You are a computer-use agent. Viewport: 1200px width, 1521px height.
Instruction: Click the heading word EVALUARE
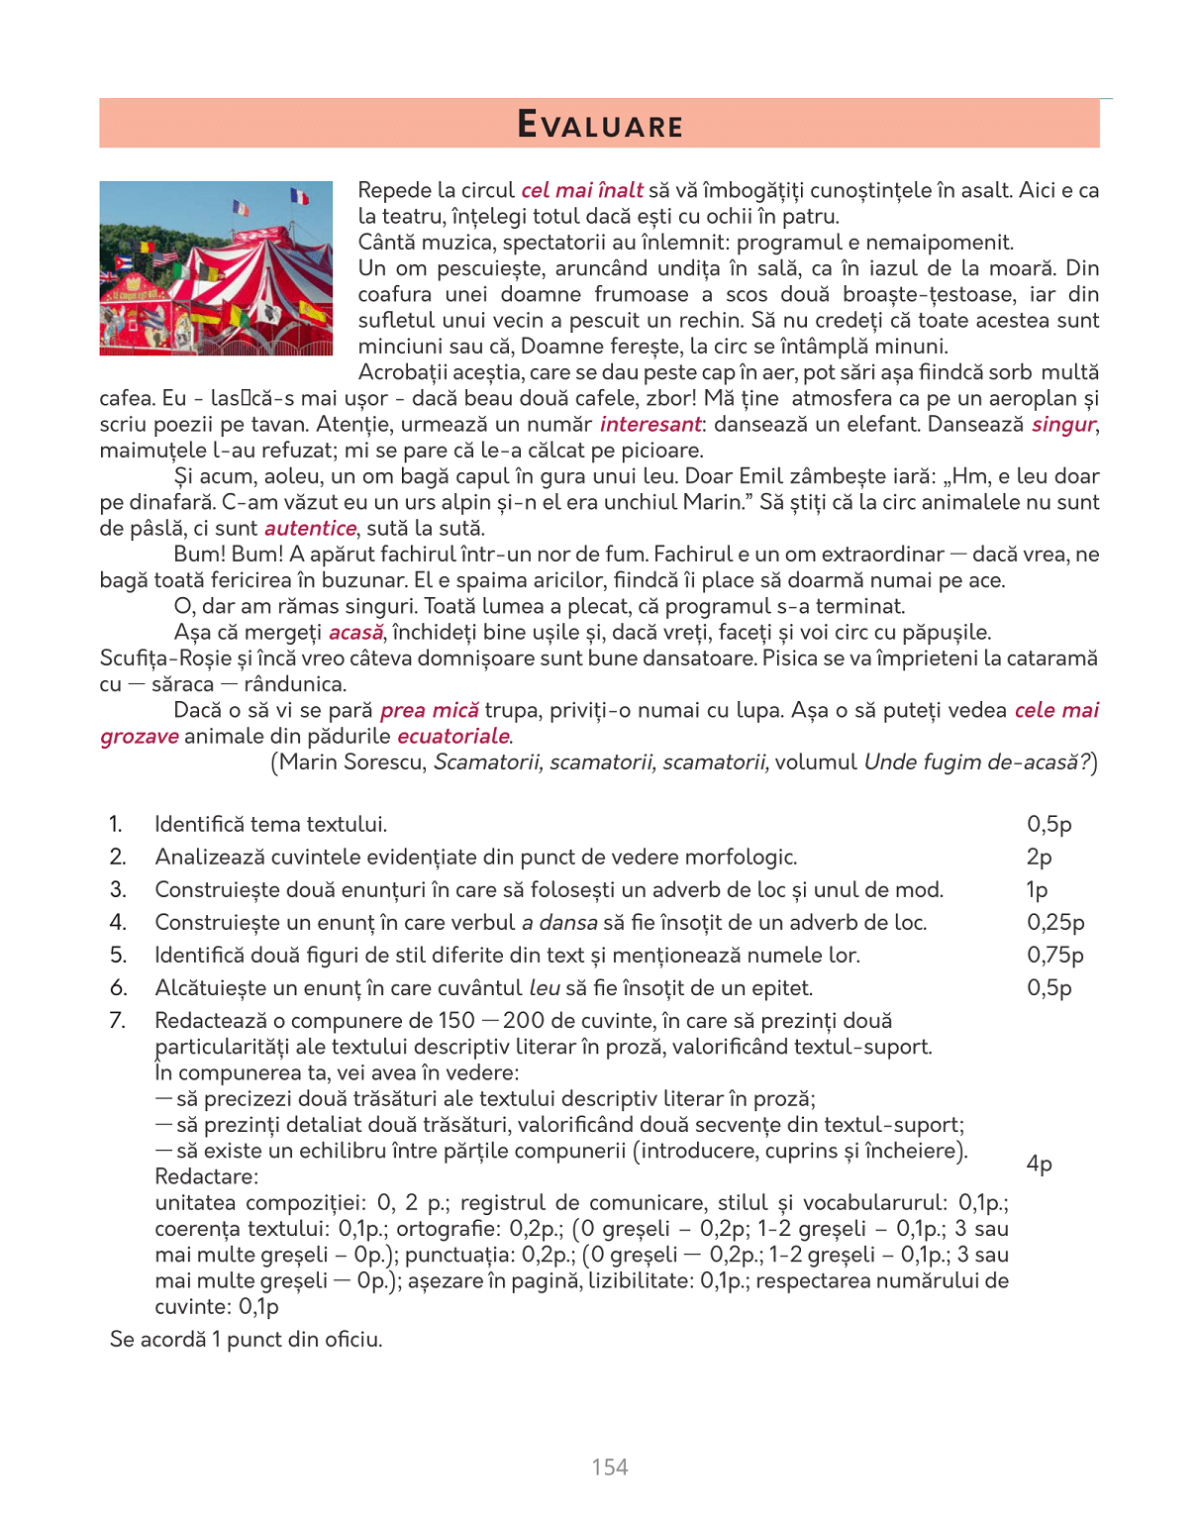click(600, 126)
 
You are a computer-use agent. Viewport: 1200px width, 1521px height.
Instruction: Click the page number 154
click(610, 1468)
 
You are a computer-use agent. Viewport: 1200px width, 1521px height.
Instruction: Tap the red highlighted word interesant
click(650, 425)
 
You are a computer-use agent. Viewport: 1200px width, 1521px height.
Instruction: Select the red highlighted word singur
click(1063, 425)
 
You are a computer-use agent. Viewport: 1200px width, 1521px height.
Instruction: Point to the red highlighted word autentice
click(310, 529)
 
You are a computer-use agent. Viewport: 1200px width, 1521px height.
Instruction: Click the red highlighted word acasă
click(355, 633)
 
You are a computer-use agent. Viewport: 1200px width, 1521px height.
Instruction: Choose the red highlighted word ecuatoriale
click(453, 737)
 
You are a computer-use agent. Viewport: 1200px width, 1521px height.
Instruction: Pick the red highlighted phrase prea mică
click(429, 711)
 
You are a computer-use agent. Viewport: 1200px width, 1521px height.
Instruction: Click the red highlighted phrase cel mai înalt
click(582, 191)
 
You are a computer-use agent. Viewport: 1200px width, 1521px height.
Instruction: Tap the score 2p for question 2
click(1039, 858)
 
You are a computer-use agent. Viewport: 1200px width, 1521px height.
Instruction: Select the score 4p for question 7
click(1039, 1164)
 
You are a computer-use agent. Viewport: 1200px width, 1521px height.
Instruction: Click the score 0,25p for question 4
click(1055, 923)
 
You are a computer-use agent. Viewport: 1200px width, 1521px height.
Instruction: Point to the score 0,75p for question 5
click(1055, 956)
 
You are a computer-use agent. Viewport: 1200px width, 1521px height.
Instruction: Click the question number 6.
click(118, 988)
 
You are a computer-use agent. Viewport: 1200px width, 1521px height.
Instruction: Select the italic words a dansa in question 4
click(559, 923)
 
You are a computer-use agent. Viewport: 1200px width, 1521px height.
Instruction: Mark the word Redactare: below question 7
click(206, 1177)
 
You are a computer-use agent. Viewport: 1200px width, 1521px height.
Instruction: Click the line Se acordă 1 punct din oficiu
click(246, 1340)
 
